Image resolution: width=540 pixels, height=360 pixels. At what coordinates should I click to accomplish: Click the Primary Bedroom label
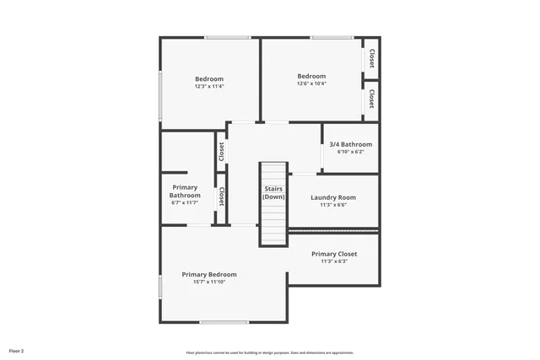pyautogui.click(x=209, y=274)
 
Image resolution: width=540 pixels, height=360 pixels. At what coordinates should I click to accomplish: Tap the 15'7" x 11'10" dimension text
pyautogui.click(x=209, y=282)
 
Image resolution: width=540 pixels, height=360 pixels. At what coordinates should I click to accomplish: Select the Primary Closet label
pyautogui.click(x=334, y=254)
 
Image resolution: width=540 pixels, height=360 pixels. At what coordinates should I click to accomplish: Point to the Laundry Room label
pyautogui.click(x=333, y=197)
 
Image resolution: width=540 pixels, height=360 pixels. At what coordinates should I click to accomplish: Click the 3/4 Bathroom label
pyautogui.click(x=350, y=144)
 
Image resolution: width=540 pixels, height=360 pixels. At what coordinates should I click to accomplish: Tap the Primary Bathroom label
pyautogui.click(x=185, y=191)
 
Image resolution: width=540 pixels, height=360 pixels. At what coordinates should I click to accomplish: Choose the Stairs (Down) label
pyautogui.click(x=273, y=192)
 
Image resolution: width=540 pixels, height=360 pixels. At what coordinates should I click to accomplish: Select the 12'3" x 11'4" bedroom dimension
pyautogui.click(x=209, y=86)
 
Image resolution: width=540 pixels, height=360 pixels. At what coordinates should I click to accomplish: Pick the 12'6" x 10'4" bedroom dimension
pyautogui.click(x=311, y=83)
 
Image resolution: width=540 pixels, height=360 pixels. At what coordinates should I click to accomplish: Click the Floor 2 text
pyautogui.click(x=17, y=350)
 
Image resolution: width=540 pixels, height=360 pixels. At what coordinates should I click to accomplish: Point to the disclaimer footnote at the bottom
pyautogui.click(x=270, y=352)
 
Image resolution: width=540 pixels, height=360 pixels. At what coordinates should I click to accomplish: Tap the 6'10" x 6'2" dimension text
pyautogui.click(x=350, y=152)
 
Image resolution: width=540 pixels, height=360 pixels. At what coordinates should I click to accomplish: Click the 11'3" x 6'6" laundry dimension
pyautogui.click(x=333, y=205)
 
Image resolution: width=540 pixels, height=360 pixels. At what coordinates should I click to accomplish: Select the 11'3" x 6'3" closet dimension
pyautogui.click(x=334, y=261)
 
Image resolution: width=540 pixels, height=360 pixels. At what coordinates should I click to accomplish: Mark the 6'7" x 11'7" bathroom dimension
pyautogui.click(x=185, y=202)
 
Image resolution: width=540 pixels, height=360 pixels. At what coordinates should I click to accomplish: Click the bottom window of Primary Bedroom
pyautogui.click(x=224, y=322)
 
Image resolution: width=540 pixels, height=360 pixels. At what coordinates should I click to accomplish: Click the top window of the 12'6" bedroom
pyautogui.click(x=332, y=37)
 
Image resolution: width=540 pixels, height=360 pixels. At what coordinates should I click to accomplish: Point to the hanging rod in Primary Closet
pyautogui.click(x=333, y=231)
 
